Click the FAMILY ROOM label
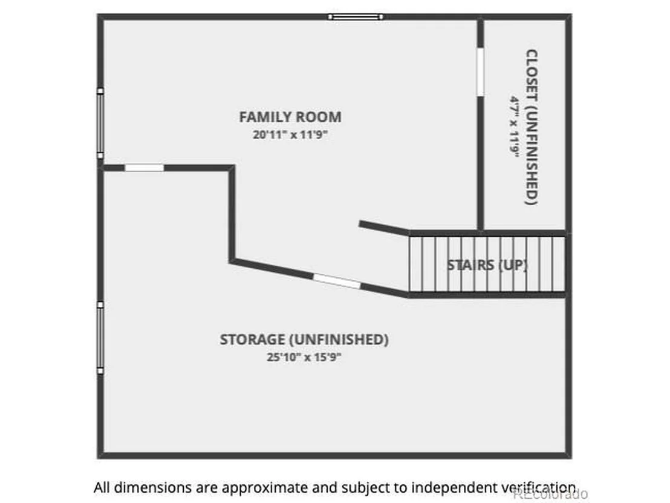coord(290,117)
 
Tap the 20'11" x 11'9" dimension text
coord(290,135)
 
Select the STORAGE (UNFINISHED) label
coord(304,339)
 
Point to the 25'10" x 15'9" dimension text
coord(304,357)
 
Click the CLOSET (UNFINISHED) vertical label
coord(531,128)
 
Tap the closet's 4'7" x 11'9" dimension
coord(514,126)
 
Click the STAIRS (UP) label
coord(487,265)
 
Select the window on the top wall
coord(356,17)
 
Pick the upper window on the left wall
coord(100,123)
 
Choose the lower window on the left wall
coord(100,338)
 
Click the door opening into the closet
coord(480,72)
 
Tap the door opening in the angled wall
coord(337,281)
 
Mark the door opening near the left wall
coord(144,168)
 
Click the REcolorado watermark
coord(550,494)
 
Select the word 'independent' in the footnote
coord(454,488)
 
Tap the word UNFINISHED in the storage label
coord(339,339)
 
